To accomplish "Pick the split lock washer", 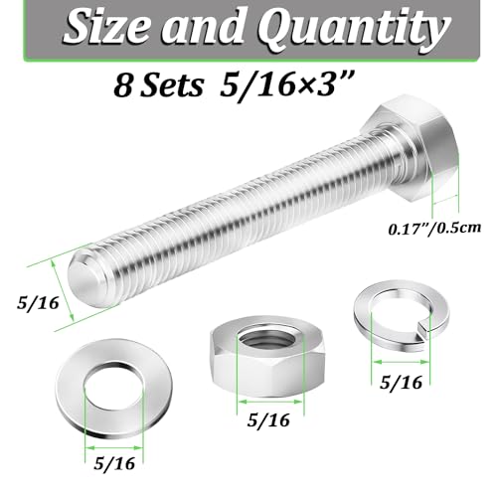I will pos(395,329).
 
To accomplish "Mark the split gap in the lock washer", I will pos(424,339).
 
